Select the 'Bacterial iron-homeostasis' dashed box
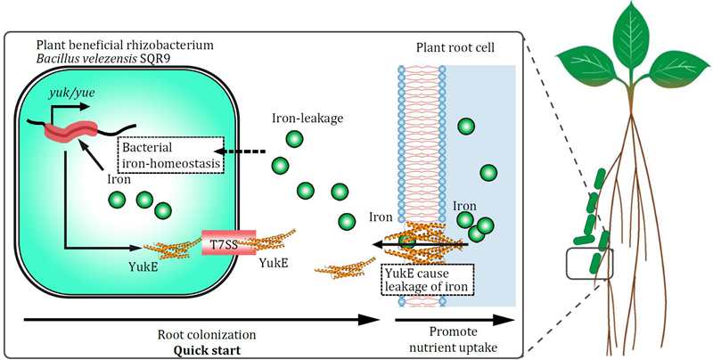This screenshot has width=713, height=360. [x=170, y=153]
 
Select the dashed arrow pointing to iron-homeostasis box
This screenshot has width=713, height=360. [x=247, y=152]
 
